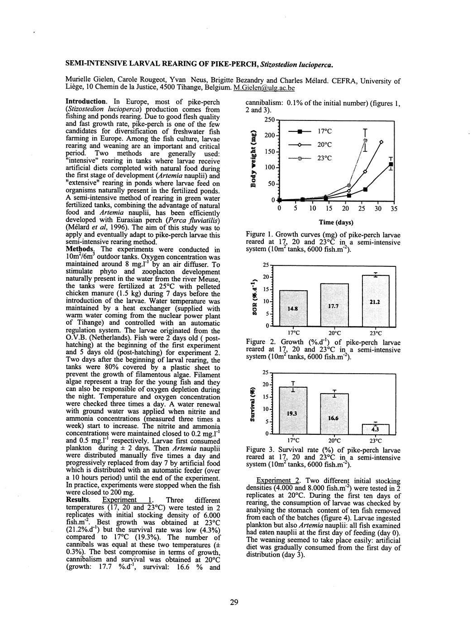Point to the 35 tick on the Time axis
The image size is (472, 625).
394,209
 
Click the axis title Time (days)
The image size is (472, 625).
336,222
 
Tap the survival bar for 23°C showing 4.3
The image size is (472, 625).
375,429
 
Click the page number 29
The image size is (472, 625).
234,602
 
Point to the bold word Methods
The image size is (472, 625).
80,249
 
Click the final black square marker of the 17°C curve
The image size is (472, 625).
391,164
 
